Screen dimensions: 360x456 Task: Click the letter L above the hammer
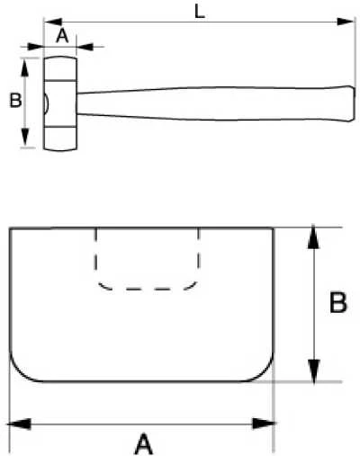coord(200,13)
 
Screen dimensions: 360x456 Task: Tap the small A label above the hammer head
coord(62,36)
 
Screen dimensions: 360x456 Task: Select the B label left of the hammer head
coord(15,100)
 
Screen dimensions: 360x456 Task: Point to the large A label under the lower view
coord(144,443)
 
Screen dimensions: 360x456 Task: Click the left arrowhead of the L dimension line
coord(53,22)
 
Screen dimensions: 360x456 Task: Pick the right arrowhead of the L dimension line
coord(346,22)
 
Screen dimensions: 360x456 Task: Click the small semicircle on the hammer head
coord(47,103)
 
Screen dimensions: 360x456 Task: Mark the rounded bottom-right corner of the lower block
coord(263,371)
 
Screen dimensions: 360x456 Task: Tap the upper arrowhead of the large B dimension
coord(313,237)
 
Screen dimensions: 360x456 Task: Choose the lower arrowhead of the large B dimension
coord(313,371)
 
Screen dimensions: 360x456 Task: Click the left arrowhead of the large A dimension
coord(19,424)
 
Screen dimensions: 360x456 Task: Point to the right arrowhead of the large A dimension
coord(265,424)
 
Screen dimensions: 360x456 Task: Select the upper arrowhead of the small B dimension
coord(25,67)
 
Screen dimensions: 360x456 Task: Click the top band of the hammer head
coord(61,68)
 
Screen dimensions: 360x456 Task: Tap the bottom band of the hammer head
coord(61,139)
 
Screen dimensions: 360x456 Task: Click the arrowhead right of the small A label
coord(85,47)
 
